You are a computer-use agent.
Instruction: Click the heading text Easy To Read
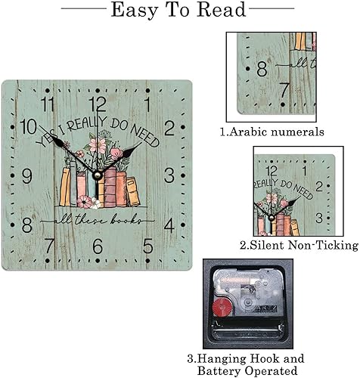[x=178, y=11]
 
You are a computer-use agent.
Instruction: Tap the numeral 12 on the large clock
[x=98, y=104]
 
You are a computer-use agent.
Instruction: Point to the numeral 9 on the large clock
[x=27, y=176]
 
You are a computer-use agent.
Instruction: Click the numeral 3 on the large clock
[x=169, y=176]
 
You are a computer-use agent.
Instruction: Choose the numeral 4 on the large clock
[x=169, y=225]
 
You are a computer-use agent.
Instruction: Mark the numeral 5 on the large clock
[x=148, y=245]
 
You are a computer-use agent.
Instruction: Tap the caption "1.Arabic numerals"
[x=262, y=132]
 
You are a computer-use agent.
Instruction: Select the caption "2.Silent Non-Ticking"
[x=299, y=245]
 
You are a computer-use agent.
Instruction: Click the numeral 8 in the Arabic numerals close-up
[x=262, y=67]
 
